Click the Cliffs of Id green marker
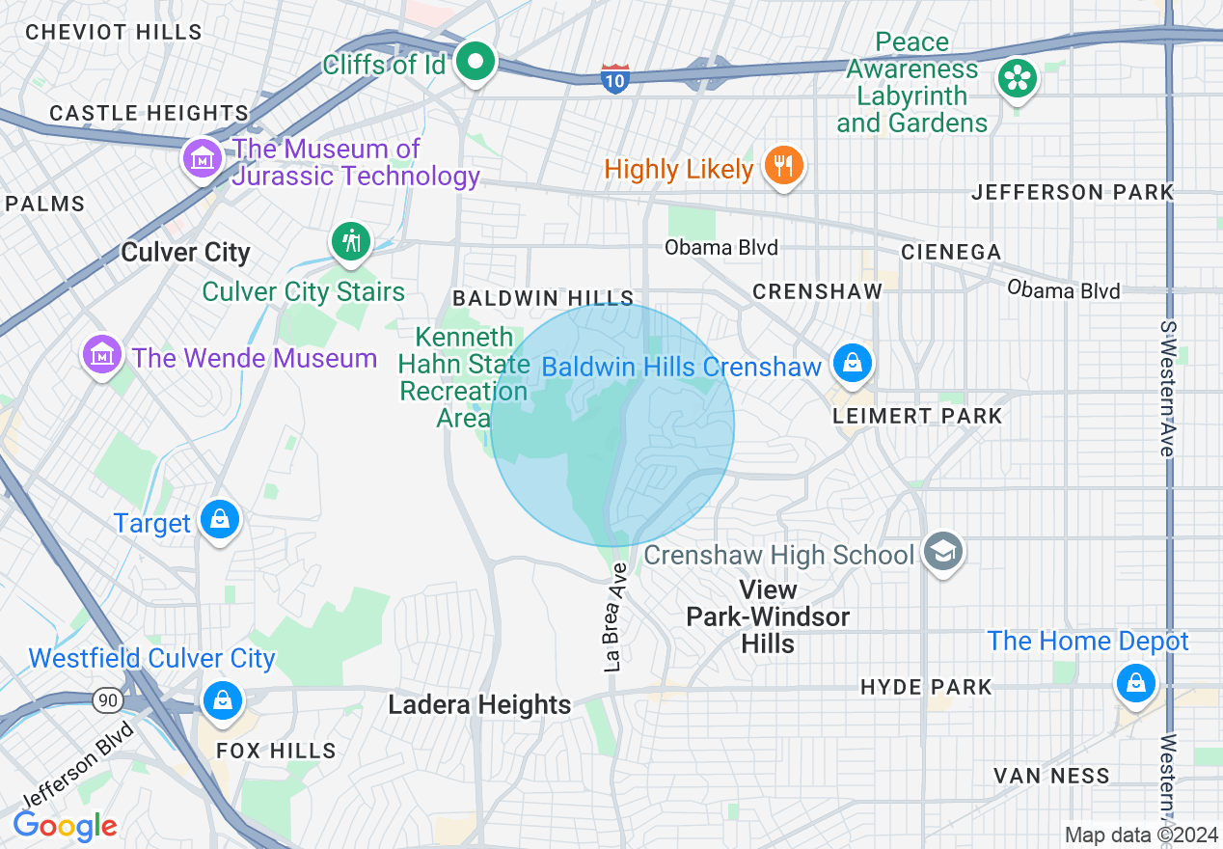(x=475, y=64)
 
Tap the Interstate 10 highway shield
(x=615, y=77)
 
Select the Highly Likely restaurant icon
(x=783, y=167)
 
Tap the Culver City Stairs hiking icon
(x=351, y=241)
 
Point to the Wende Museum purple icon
(x=102, y=356)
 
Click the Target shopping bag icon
(x=220, y=521)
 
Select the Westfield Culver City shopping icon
(x=223, y=699)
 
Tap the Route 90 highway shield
(x=108, y=701)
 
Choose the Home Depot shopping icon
(x=1135, y=684)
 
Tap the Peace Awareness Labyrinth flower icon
(x=1017, y=78)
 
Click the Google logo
(x=66, y=826)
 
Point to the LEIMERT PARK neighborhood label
(x=917, y=417)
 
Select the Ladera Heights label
(x=479, y=705)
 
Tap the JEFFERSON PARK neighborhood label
(x=1072, y=192)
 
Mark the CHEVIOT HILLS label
(x=114, y=32)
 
